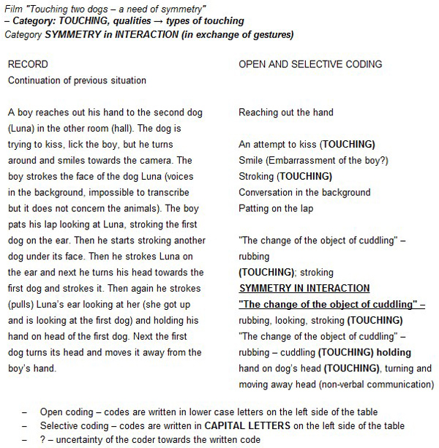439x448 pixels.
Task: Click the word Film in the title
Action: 14,8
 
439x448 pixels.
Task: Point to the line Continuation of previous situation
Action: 77,80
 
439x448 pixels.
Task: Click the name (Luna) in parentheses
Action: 21,128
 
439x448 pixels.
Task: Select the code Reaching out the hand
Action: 285,113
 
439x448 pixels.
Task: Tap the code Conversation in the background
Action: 304,192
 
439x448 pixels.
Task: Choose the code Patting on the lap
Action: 275,208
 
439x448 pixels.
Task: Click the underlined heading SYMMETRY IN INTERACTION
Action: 304,288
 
